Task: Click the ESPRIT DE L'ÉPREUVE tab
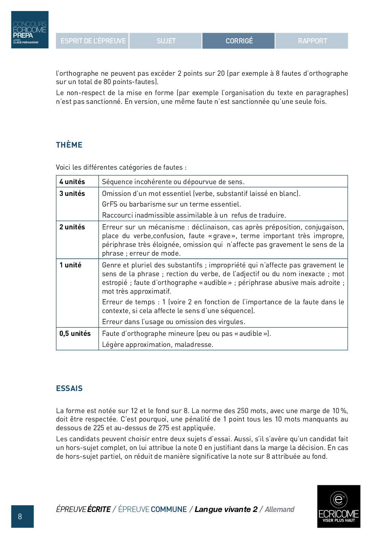92,41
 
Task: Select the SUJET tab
166,41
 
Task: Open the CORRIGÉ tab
239,41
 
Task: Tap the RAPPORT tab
312,41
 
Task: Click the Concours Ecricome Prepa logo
30,30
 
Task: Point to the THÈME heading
69,145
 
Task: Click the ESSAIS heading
69,388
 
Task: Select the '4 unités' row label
72,182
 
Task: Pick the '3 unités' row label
72,194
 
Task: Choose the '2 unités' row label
72,227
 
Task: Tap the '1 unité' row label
70,265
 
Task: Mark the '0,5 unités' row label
75,334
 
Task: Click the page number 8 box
22,516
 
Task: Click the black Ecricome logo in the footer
339,506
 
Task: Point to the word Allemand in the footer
279,509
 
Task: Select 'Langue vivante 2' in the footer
226,509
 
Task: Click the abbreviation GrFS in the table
110,204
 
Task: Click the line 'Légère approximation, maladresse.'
158,345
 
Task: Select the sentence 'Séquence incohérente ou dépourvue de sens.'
173,182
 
